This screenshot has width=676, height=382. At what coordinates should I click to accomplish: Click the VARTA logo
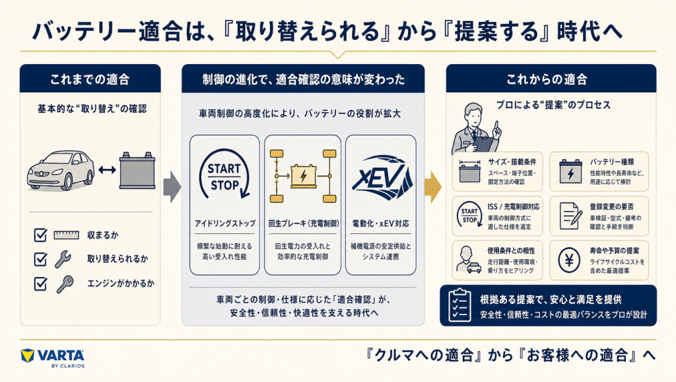point(53,358)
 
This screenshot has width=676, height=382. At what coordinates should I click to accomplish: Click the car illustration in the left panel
point(60,171)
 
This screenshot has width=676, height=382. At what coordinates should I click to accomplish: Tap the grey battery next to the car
point(137,170)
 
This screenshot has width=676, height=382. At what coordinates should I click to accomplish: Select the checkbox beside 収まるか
point(40,235)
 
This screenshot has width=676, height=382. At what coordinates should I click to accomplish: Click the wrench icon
point(63,259)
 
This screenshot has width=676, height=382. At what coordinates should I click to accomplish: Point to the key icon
point(65,284)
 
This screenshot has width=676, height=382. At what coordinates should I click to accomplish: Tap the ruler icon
point(67,235)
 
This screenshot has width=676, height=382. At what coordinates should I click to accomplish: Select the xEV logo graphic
point(381,177)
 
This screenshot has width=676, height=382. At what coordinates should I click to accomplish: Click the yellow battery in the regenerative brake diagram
point(304,176)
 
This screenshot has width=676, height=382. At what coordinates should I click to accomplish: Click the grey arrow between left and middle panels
point(172,187)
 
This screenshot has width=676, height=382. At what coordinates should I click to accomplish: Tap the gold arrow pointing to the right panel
point(433,187)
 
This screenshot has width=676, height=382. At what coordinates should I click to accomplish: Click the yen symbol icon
point(569,260)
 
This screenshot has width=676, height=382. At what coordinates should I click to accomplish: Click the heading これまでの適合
point(90,79)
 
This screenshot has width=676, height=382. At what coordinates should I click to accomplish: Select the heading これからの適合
point(547,79)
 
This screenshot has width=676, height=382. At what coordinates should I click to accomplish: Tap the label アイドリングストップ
point(224,223)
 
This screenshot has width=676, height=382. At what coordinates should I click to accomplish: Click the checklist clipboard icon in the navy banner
point(459,305)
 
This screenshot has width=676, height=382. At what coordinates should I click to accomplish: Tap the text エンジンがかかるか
point(121,284)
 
